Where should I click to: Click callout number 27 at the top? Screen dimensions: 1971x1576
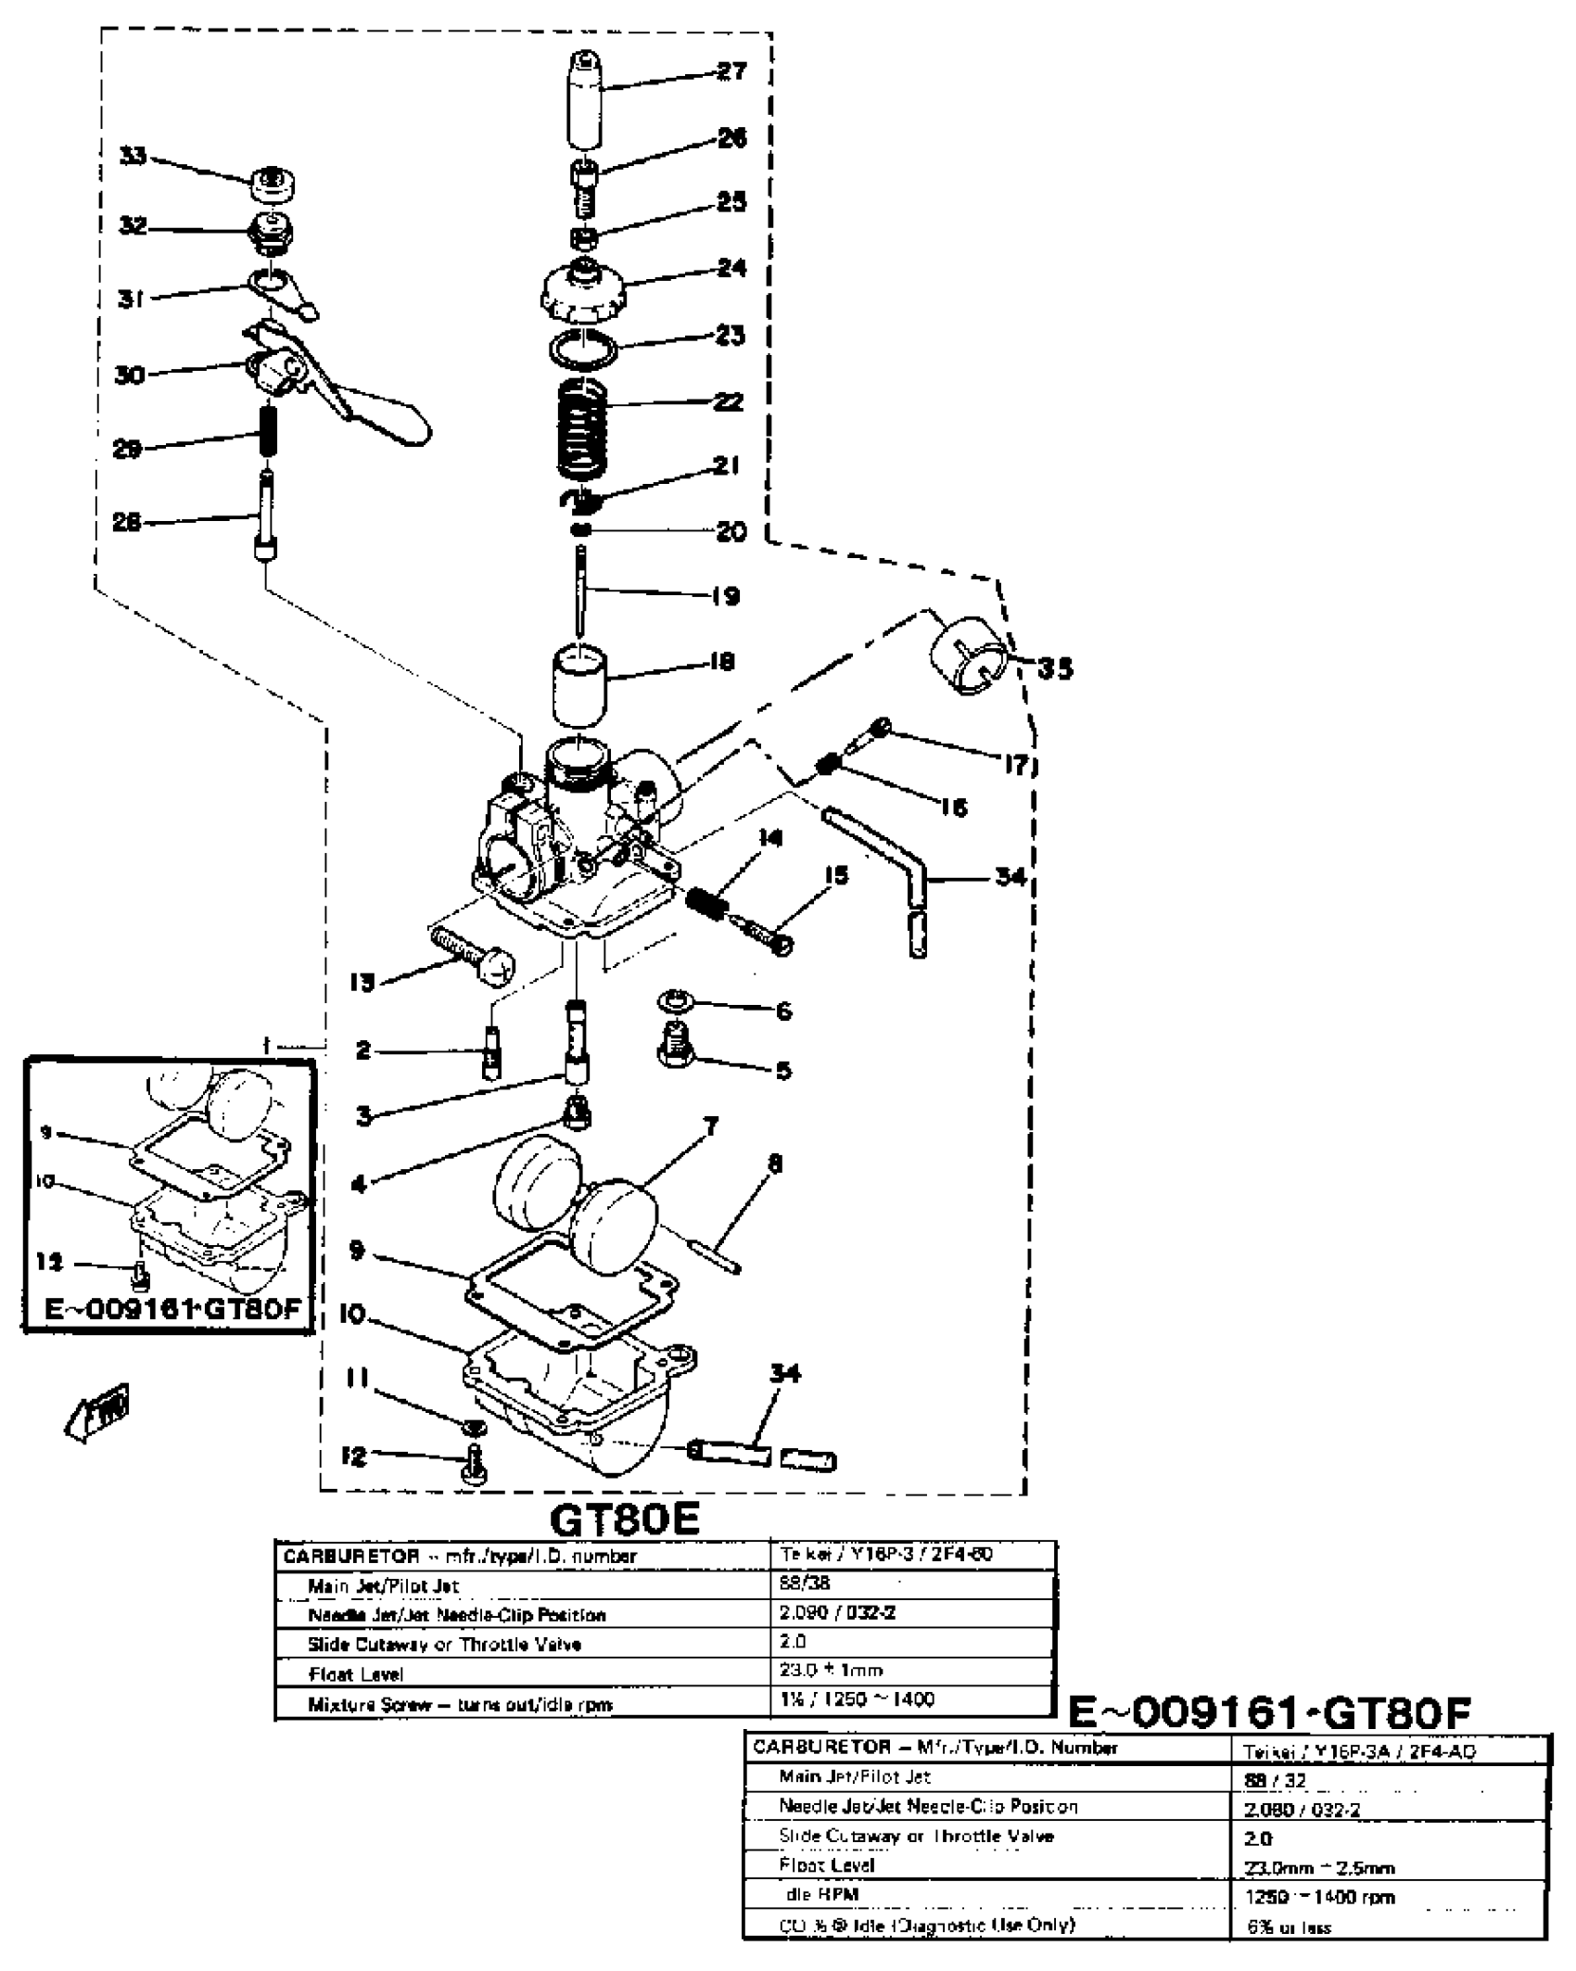(x=732, y=70)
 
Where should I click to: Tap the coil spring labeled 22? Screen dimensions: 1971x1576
(x=581, y=425)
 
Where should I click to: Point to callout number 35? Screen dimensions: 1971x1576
(x=1054, y=668)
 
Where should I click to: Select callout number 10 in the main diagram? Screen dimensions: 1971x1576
(x=353, y=1315)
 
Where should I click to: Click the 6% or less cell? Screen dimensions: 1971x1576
(x=1290, y=1927)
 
